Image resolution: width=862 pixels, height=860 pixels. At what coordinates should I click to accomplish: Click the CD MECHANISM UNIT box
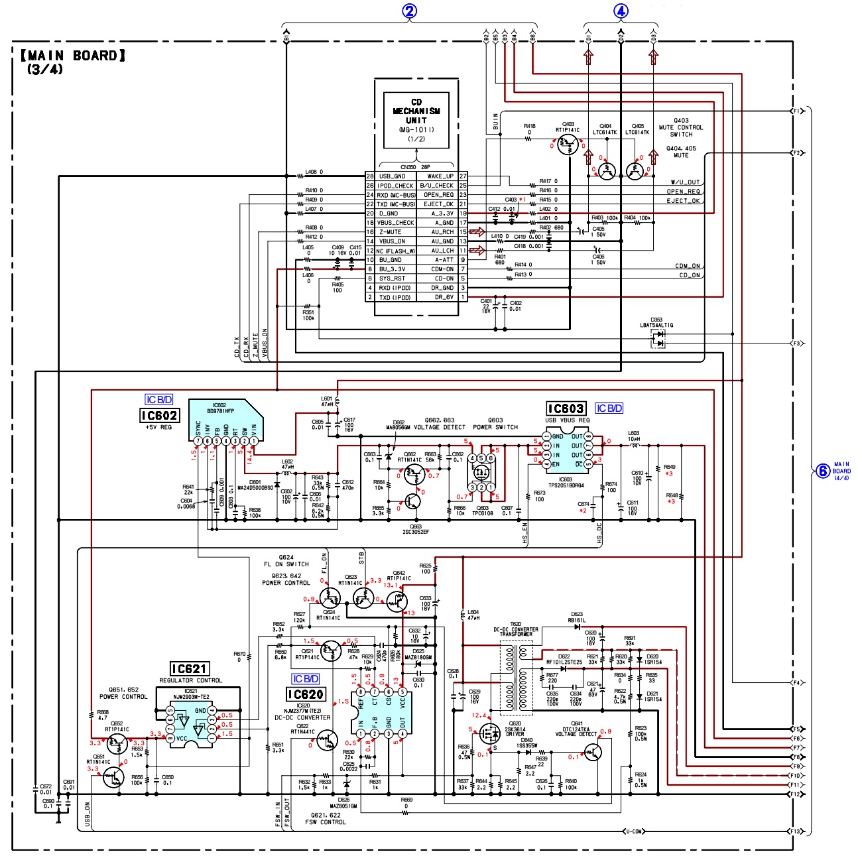(416, 120)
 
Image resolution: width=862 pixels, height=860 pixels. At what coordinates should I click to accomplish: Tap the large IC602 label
(159, 416)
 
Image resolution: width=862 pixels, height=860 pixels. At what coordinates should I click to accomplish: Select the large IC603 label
(566, 408)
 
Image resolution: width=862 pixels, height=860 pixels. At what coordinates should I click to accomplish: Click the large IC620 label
(306, 694)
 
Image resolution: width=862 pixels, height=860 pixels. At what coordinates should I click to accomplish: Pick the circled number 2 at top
(410, 11)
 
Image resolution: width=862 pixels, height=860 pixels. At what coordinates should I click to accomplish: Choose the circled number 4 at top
(621, 11)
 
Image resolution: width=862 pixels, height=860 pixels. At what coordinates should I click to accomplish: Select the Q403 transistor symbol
(568, 145)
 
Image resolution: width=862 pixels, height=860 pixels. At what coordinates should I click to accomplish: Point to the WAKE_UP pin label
(440, 176)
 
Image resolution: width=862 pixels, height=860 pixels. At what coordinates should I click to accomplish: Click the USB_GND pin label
(392, 176)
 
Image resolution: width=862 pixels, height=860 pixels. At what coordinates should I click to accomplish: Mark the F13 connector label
(796, 831)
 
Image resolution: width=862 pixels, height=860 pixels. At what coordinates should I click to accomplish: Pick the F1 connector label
(796, 111)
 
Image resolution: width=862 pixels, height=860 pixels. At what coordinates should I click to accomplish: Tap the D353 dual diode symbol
(658, 339)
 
